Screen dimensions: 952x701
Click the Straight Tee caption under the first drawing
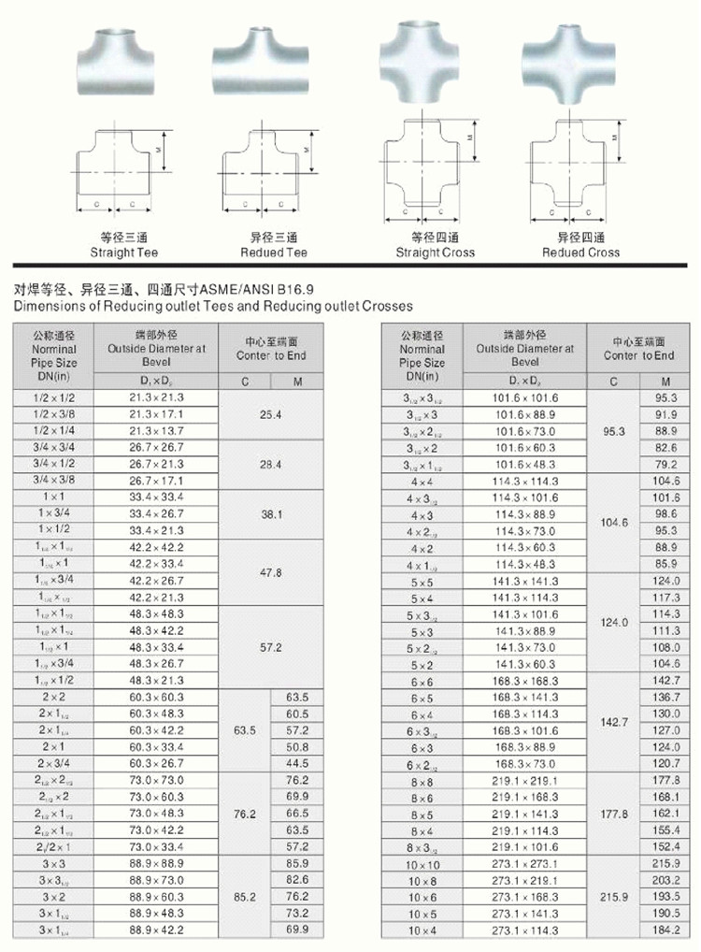click(x=124, y=252)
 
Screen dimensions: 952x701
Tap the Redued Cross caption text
click(x=580, y=252)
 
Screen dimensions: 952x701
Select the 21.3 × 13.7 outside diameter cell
click(x=156, y=431)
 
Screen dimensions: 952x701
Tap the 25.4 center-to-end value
click(x=271, y=414)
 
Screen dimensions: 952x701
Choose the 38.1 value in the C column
click(x=271, y=514)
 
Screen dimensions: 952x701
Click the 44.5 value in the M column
click(x=297, y=763)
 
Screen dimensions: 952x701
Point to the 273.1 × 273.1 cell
click(x=524, y=864)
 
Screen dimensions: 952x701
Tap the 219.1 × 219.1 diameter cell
click(x=524, y=780)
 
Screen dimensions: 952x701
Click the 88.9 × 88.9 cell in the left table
click(x=156, y=863)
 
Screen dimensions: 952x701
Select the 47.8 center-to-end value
click(x=271, y=572)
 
